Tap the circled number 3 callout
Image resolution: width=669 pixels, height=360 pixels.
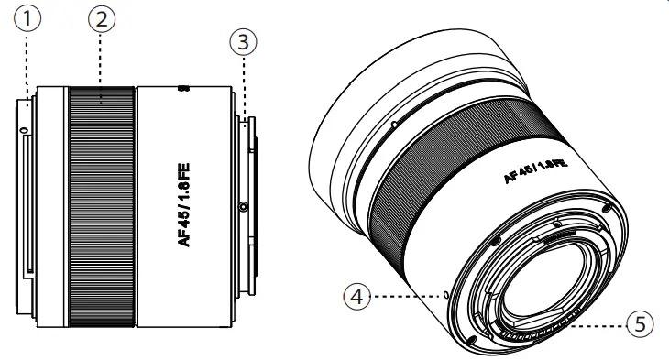(x=242, y=42)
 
